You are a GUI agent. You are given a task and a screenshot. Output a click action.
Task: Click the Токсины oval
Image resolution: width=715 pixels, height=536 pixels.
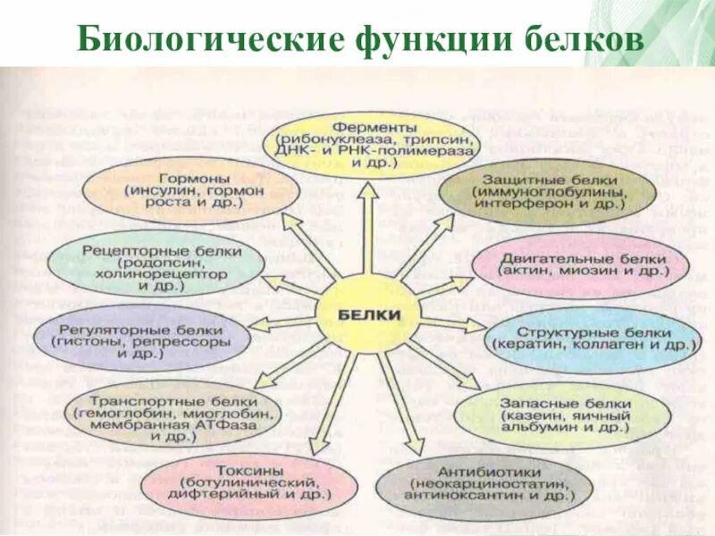coord(242,482)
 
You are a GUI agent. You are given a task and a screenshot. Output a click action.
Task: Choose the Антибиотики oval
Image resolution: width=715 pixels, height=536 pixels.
coord(485,484)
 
